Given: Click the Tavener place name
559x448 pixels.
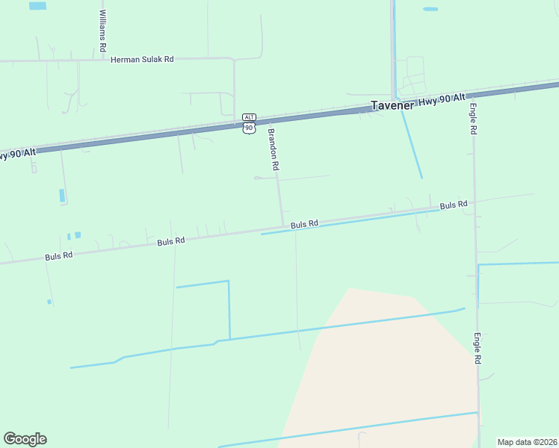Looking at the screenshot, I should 392,105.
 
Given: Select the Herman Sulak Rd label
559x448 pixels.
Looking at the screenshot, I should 142,59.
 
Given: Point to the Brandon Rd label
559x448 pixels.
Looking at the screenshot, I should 273,150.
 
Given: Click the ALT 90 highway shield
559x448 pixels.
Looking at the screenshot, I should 249,123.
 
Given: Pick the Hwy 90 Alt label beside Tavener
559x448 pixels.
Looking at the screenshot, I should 441,99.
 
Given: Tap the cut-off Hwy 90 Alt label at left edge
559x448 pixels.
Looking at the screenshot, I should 16,154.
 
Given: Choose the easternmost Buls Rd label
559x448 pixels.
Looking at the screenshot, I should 453,205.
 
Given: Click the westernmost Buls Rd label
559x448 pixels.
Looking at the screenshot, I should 58,255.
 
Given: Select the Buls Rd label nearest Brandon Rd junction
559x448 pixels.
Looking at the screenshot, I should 304,223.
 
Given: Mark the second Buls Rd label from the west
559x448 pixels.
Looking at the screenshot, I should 170,241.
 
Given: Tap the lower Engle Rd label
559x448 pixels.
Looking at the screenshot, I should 476,349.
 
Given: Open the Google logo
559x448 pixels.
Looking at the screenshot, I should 25,438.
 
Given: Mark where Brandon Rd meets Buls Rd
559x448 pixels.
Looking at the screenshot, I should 282,226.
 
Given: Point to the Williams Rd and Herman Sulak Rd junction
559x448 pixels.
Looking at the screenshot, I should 102,59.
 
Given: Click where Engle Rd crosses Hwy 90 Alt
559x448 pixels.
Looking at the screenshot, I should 472,93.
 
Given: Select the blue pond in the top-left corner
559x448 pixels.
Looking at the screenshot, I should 37,5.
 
